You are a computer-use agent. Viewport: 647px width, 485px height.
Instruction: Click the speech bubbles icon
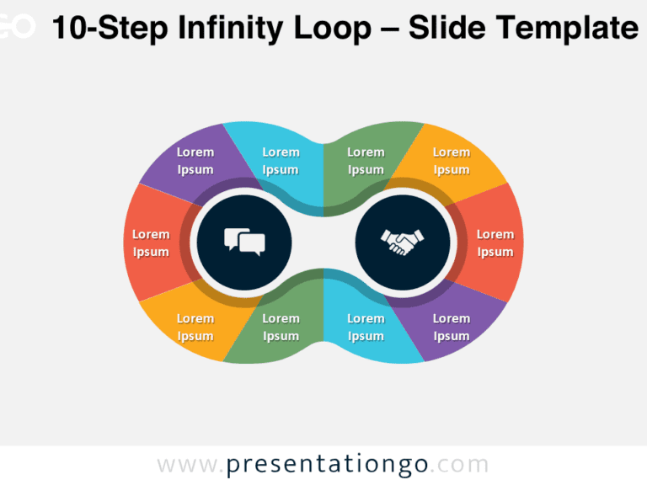click(244, 242)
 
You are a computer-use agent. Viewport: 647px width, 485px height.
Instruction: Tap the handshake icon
click(403, 242)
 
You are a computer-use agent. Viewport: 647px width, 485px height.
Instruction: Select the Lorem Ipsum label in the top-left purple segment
click(195, 161)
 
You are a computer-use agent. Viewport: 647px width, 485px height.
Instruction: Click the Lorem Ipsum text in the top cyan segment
click(281, 161)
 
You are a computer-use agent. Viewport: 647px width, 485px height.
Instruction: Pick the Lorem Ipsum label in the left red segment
click(151, 242)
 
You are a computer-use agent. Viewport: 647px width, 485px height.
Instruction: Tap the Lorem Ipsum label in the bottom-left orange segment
click(195, 327)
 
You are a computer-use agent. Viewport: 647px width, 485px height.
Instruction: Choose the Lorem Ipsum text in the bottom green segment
click(281, 327)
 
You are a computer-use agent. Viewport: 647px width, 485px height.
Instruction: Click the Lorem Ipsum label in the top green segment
click(366, 161)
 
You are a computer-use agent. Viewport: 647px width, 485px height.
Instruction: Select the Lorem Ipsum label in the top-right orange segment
click(452, 161)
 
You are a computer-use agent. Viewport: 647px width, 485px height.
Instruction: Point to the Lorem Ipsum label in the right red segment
click(495, 242)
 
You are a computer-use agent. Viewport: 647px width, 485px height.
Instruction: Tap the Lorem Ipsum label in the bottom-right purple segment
click(452, 327)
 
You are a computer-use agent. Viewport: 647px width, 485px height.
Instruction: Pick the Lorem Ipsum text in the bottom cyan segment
click(366, 327)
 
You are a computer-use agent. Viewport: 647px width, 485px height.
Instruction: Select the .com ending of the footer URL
click(462, 465)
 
